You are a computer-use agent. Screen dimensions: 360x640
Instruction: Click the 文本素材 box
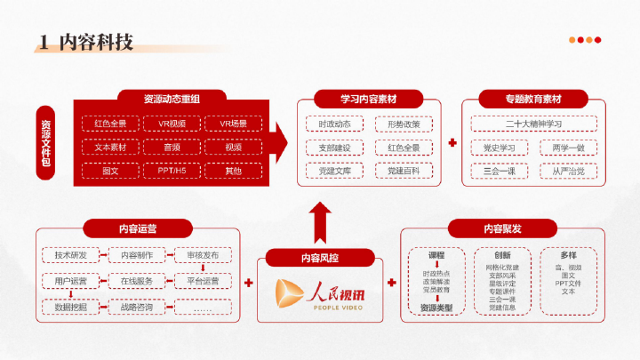click(x=110, y=147)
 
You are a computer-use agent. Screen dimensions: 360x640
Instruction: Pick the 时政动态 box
click(x=334, y=124)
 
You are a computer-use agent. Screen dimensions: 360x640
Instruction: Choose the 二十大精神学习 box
click(x=534, y=124)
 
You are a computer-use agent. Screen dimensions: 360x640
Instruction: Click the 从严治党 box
click(x=568, y=170)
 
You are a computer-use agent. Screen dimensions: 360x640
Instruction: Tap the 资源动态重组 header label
click(x=172, y=98)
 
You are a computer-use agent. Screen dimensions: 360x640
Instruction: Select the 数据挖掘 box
click(x=70, y=308)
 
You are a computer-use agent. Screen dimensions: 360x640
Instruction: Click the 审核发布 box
click(x=203, y=255)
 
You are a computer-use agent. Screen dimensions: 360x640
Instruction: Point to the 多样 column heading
click(x=569, y=255)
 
